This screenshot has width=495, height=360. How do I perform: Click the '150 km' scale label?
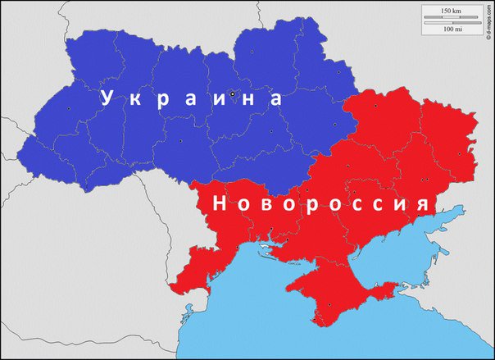point(451,10)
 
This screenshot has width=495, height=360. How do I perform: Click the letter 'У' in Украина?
point(106,98)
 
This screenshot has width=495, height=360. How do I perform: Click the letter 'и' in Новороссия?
point(401,205)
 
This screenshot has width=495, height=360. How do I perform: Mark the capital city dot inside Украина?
point(233,93)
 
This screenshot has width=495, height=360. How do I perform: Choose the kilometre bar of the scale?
point(451,17)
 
